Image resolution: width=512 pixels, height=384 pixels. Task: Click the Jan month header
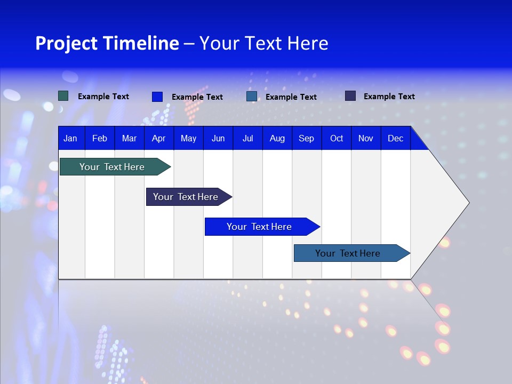[70, 138]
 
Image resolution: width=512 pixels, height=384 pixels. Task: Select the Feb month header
[100, 138]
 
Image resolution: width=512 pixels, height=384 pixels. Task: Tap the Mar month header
[129, 138]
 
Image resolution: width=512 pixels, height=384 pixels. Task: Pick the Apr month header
[158, 138]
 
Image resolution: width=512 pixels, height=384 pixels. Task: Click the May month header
[188, 138]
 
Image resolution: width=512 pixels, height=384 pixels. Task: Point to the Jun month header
[218, 138]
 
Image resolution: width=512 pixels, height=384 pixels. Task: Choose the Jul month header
[247, 138]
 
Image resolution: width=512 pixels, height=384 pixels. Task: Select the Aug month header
[277, 138]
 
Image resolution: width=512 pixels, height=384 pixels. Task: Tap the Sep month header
[306, 138]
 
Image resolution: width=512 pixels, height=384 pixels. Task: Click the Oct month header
[337, 138]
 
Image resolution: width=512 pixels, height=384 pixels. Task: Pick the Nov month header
[366, 138]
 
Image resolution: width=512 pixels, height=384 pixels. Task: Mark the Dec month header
[396, 138]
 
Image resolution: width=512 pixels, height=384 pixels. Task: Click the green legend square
[63, 96]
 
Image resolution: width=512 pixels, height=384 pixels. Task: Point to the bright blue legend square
[157, 97]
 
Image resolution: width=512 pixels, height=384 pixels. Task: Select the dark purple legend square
[350, 96]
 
